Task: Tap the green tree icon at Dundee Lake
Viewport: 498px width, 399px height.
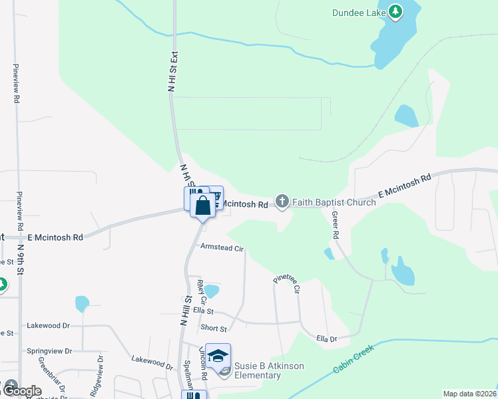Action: click(x=395, y=11)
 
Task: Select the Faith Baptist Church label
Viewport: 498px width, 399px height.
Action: click(x=334, y=202)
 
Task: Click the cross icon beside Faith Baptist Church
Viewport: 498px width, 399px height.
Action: click(x=282, y=201)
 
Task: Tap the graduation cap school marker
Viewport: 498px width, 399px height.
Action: click(x=218, y=356)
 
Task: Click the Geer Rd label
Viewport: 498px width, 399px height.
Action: click(x=336, y=227)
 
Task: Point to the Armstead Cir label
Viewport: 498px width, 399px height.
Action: click(x=222, y=247)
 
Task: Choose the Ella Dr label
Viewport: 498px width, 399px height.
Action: click(x=327, y=338)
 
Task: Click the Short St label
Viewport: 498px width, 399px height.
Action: click(x=214, y=329)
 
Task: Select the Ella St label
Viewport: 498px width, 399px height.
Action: click(x=203, y=310)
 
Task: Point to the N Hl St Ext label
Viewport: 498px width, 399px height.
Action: click(x=171, y=72)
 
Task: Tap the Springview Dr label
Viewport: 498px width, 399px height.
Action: click(x=49, y=350)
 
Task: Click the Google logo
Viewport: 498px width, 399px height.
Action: click(x=21, y=391)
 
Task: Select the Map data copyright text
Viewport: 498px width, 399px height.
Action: click(x=469, y=394)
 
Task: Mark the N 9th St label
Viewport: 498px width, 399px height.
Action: click(x=21, y=260)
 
